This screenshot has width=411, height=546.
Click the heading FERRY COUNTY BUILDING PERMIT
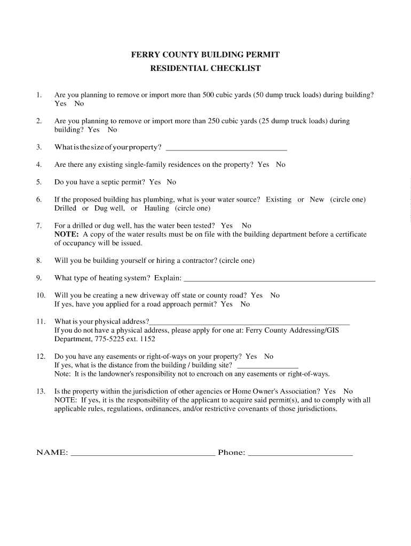point(205,55)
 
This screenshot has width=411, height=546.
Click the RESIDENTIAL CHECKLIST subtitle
point(205,68)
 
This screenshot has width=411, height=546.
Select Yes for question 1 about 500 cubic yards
point(60,103)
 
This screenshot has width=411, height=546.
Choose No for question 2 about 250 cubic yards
point(112,130)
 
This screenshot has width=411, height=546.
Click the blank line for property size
point(227,148)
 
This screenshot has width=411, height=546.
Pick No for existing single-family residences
point(280,165)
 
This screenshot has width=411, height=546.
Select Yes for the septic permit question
point(155,182)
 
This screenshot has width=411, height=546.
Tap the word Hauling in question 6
point(156,208)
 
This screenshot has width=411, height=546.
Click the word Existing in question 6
point(279,199)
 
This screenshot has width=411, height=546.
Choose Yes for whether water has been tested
point(227,226)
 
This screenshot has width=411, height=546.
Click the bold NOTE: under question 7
point(67,234)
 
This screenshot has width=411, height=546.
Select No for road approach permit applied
point(245,304)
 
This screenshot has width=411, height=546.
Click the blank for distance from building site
point(267,366)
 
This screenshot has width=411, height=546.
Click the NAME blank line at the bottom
point(143,454)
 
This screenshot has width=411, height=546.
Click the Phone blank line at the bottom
point(301,454)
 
